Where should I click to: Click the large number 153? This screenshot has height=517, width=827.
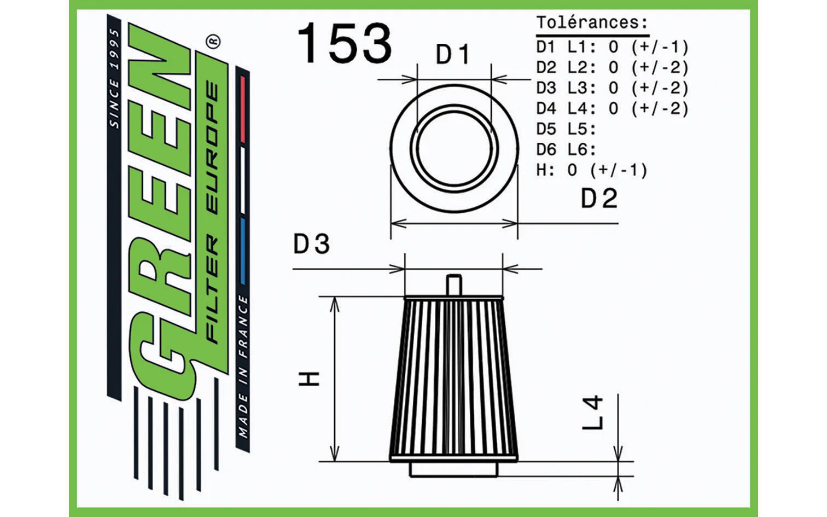[345, 43]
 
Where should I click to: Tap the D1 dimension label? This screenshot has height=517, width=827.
[452, 55]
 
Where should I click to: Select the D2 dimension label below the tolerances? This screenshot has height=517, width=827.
[599, 199]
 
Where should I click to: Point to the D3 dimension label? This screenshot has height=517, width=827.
[311, 244]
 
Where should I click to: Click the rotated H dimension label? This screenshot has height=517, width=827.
[310, 378]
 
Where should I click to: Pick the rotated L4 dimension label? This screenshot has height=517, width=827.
[593, 413]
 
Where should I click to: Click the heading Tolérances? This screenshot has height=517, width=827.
[592, 23]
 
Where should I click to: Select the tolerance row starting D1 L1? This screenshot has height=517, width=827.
[611, 47]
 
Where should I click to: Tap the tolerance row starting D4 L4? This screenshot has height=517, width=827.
[611, 108]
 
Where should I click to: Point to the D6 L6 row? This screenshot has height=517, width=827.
[566, 149]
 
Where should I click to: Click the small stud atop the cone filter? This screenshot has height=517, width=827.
[454, 285]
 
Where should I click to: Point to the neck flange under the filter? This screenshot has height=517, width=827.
[454, 469]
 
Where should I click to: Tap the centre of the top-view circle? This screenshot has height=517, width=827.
[454, 149]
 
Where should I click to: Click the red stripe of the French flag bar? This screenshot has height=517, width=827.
[243, 109]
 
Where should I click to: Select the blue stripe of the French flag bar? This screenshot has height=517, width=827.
[243, 252]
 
